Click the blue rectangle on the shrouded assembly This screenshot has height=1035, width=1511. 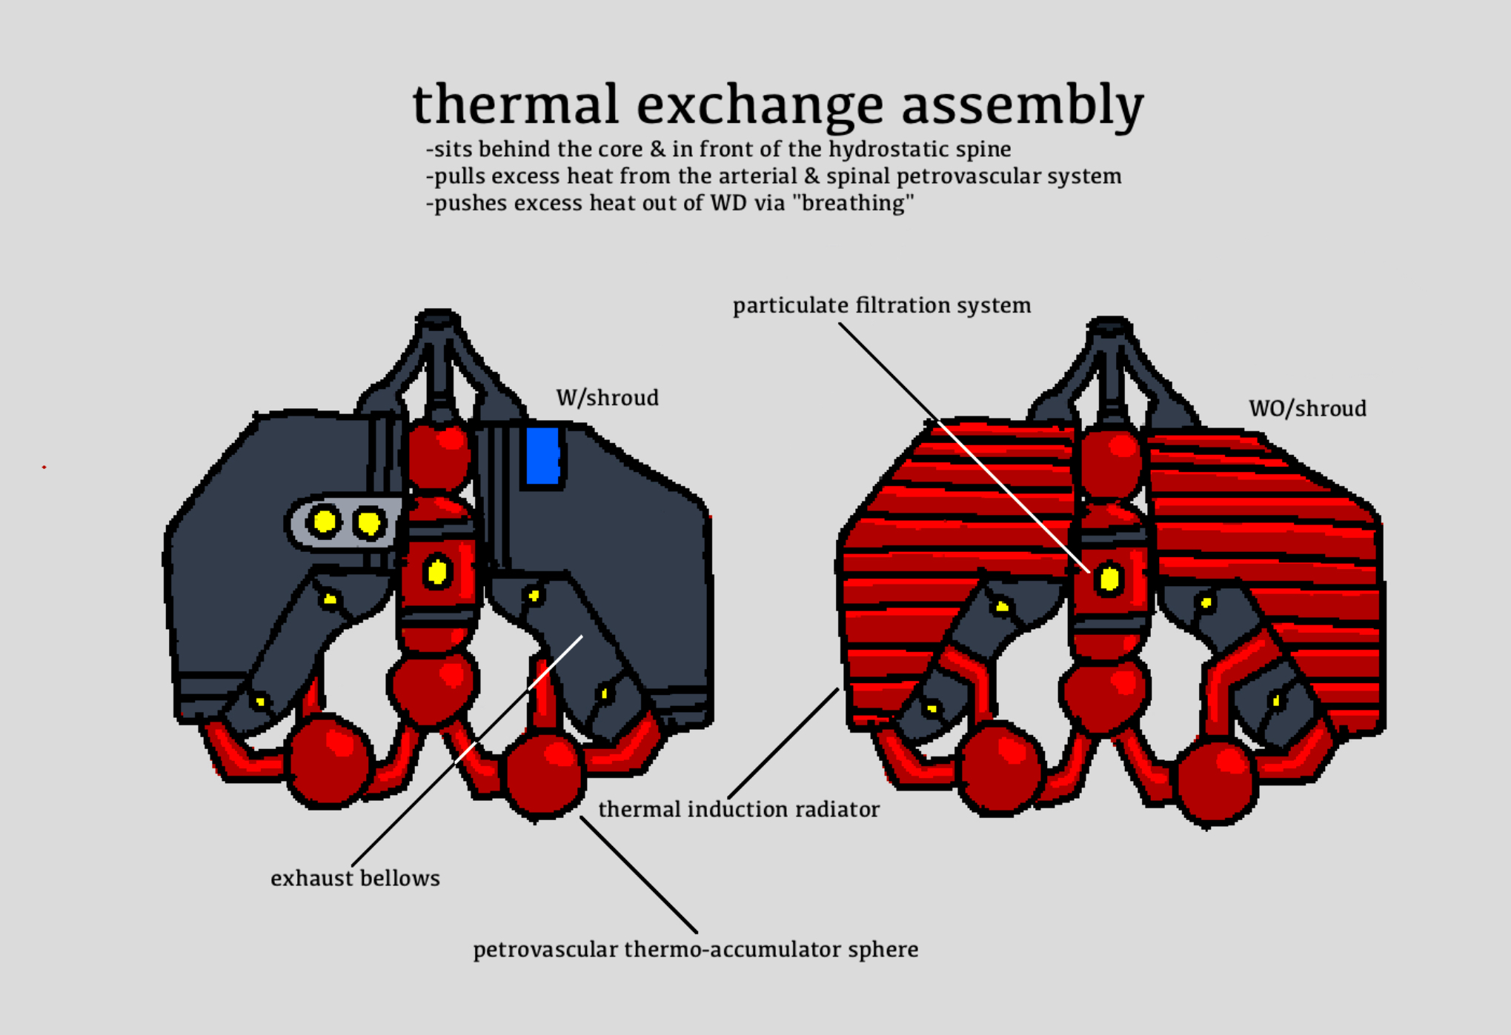click(542, 456)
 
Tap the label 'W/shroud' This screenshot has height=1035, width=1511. click(607, 399)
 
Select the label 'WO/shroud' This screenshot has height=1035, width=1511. click(1307, 409)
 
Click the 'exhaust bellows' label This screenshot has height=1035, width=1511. click(355, 879)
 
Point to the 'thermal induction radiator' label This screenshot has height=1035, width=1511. click(739, 810)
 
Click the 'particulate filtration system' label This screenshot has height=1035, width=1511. click(882, 306)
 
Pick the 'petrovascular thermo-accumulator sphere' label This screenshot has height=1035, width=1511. click(696, 950)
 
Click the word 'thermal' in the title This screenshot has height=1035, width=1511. click(515, 104)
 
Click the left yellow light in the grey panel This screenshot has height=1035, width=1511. click(324, 522)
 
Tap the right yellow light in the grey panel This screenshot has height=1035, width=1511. click(368, 523)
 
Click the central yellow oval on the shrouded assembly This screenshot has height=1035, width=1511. click(437, 572)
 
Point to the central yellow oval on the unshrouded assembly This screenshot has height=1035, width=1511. click(1109, 579)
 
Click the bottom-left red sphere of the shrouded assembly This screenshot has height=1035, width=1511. click(329, 760)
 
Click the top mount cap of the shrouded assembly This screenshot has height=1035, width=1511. click(438, 319)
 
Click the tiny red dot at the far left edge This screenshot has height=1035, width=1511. click(44, 467)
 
